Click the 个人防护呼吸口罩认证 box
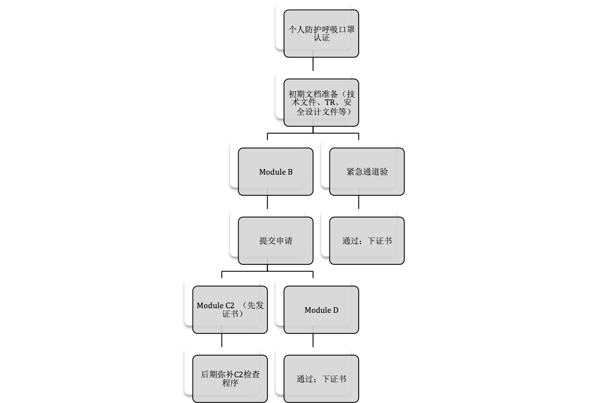(x=321, y=33)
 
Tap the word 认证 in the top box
(x=322, y=38)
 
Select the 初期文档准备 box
(x=321, y=102)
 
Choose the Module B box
(x=275, y=171)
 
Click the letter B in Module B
(x=290, y=172)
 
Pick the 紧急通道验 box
(x=367, y=171)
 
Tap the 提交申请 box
(x=275, y=240)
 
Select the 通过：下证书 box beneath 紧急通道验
(x=367, y=240)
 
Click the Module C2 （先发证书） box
(x=230, y=309)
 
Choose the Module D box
(x=321, y=309)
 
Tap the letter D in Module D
(x=335, y=310)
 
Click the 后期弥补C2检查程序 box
(x=230, y=378)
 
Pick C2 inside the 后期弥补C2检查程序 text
(x=239, y=374)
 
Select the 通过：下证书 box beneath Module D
(x=321, y=378)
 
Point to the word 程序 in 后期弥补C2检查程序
(x=230, y=383)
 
